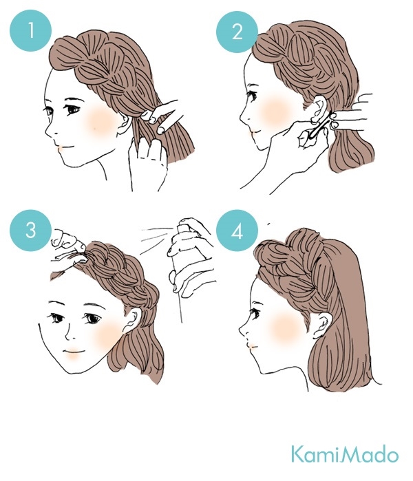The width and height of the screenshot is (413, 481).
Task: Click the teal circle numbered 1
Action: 31,31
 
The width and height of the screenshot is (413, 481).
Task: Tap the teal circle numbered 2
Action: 237,32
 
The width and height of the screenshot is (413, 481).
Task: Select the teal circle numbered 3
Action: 31,231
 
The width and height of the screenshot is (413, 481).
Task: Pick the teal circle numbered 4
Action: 237,231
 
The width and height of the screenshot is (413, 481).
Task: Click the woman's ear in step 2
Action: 319,109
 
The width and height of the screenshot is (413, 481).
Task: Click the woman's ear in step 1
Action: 125,122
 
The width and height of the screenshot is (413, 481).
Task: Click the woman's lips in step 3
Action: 74,352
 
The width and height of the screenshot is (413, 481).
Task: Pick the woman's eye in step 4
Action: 255,312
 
